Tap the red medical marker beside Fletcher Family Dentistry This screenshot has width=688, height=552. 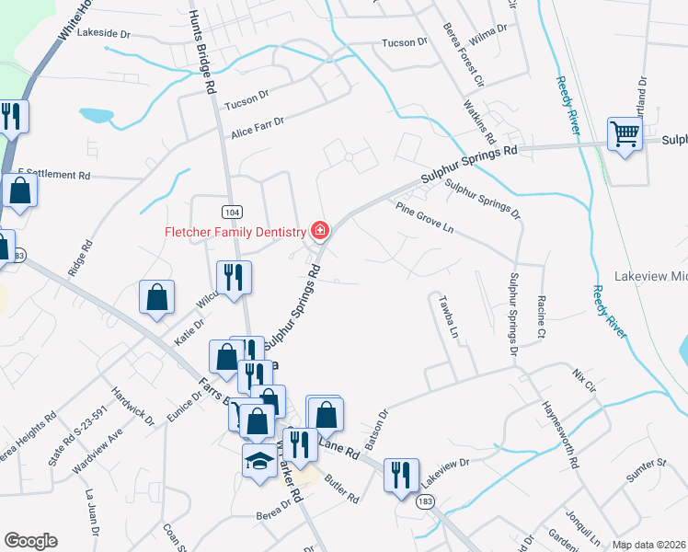[x=320, y=230]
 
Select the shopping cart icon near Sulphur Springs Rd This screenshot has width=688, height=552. [x=625, y=134]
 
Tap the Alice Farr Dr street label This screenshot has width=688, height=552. [x=258, y=126]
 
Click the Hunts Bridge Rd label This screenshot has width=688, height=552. [x=202, y=53]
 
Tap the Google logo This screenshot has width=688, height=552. [x=30, y=541]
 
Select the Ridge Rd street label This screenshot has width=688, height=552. [x=81, y=259]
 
